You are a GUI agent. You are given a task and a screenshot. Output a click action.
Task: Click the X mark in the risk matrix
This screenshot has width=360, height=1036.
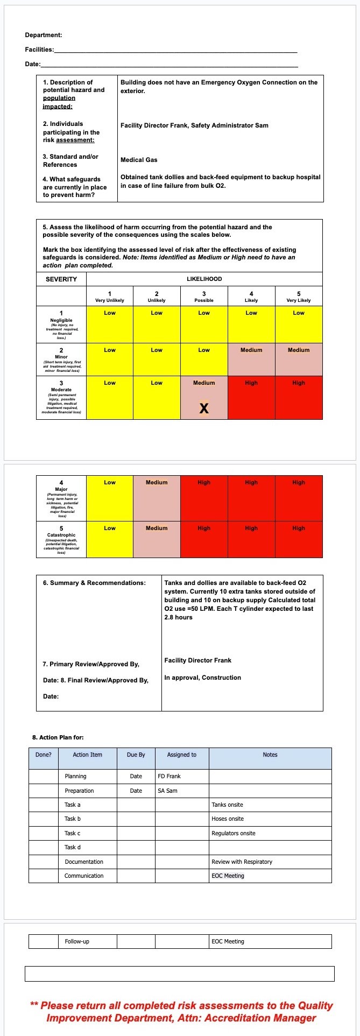pos(204,408)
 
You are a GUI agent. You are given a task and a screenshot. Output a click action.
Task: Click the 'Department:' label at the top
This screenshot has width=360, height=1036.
pos(44,35)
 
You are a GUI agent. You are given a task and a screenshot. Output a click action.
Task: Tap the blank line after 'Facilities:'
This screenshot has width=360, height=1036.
pos(175,50)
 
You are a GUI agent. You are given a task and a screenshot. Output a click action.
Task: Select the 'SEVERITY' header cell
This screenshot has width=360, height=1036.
pos(61,279)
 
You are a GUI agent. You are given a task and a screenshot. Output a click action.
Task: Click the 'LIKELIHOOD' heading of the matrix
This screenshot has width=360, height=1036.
pos(204,279)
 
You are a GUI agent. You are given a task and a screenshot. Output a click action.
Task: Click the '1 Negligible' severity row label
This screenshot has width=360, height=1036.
pos(61,325)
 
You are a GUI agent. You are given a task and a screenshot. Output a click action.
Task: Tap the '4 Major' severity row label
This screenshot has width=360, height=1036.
pos(61,498)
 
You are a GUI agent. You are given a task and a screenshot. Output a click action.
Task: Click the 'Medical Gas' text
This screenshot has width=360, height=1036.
pos(139,160)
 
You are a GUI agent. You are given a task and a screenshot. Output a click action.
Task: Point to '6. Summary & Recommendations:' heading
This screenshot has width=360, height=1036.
pos(94,583)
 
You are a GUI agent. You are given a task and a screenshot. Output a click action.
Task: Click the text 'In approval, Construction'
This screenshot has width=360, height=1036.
pos(202,678)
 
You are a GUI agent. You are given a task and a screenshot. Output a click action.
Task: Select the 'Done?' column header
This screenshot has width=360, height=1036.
pos(44,755)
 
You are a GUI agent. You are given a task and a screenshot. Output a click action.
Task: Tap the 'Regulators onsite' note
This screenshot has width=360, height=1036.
pos(234,833)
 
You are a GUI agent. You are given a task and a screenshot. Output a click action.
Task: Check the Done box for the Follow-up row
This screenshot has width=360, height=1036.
pos(43,941)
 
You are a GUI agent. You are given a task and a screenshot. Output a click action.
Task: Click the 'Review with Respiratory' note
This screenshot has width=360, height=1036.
pos(242,862)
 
